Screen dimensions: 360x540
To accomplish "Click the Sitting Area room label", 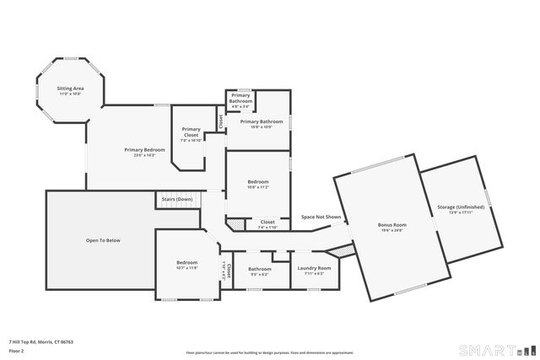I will click(x=69, y=89).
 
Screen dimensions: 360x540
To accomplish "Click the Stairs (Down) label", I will click(x=178, y=200).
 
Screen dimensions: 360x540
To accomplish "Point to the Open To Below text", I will click(x=103, y=240).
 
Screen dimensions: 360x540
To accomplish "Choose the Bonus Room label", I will click(x=392, y=225).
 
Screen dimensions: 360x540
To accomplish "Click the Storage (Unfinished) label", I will click(x=460, y=207).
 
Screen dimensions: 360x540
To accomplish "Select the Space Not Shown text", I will click(x=321, y=218).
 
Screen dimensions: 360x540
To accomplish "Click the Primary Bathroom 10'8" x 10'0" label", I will click(x=261, y=122).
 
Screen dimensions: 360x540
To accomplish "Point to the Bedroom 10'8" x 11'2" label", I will click(x=258, y=182).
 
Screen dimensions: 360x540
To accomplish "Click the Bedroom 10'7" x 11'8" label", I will click(x=186, y=263).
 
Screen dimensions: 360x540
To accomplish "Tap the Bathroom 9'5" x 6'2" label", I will click(x=260, y=270).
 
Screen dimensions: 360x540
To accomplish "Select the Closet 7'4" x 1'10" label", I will click(x=267, y=223).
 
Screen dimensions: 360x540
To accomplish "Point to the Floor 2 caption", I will click(x=16, y=351).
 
